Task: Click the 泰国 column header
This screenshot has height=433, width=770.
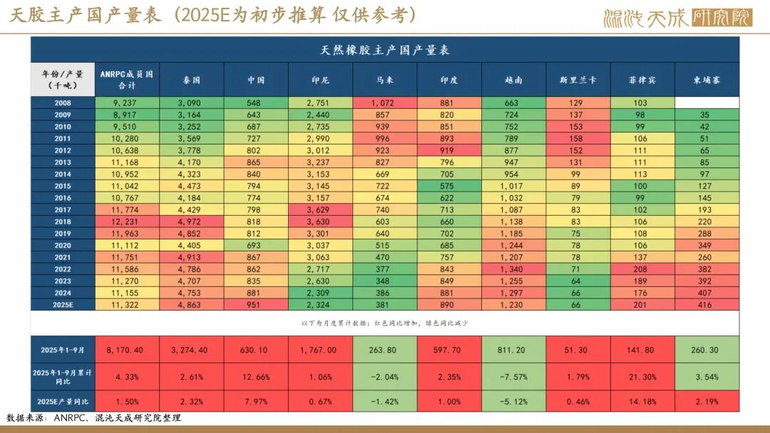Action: (191, 80)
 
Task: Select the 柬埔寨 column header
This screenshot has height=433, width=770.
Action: (707, 80)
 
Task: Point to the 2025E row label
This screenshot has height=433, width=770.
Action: (63, 304)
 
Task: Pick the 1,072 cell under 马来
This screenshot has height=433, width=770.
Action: (385, 103)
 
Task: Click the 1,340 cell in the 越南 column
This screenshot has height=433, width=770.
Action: (514, 270)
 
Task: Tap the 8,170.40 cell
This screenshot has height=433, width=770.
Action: (127, 350)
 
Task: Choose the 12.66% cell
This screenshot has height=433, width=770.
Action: (256, 376)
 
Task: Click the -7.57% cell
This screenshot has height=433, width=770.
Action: (514, 376)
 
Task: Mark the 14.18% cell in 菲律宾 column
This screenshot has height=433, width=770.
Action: (642, 400)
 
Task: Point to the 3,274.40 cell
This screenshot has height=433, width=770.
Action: (191, 350)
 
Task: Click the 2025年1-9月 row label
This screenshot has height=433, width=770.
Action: (63, 350)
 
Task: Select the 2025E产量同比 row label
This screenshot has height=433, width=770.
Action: (63, 400)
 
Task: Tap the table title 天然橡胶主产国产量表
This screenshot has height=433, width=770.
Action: (385, 51)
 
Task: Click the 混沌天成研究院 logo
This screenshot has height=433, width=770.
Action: (677, 17)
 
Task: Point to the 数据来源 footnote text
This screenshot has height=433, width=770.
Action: (93, 418)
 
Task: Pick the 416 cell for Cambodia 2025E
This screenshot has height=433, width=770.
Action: (707, 304)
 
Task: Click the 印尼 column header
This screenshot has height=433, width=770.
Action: (320, 80)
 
